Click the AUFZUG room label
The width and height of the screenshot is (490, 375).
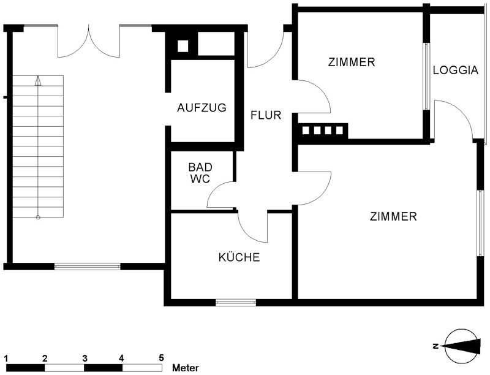tap(202, 108)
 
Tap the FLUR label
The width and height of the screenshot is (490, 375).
tap(266, 115)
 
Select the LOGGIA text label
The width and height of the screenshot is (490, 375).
tap(456, 70)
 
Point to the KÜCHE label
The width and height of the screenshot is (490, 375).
tap(239, 257)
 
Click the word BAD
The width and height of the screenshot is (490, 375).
tap(200, 167)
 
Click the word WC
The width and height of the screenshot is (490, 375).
tap(200, 179)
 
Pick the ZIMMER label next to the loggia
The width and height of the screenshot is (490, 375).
tap(352, 62)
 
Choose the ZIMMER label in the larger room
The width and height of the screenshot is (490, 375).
tap(393, 216)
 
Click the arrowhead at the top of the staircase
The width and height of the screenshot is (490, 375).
tap(38, 81)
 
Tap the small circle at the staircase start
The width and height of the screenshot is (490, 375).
tap(38, 217)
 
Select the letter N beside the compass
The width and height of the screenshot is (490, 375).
tap(435, 346)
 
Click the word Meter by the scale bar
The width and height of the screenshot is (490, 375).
tap(186, 368)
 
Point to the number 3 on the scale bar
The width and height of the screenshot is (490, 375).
tap(85, 358)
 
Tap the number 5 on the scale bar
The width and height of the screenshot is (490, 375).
tap(161, 357)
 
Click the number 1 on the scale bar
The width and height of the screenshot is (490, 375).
tap(6, 358)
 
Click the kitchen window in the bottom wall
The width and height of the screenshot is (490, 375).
tap(236, 302)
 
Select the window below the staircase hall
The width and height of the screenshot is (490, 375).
tap(88, 267)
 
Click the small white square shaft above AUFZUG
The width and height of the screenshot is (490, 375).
tap(183, 46)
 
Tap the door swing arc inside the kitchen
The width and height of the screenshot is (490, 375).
tap(247, 232)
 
